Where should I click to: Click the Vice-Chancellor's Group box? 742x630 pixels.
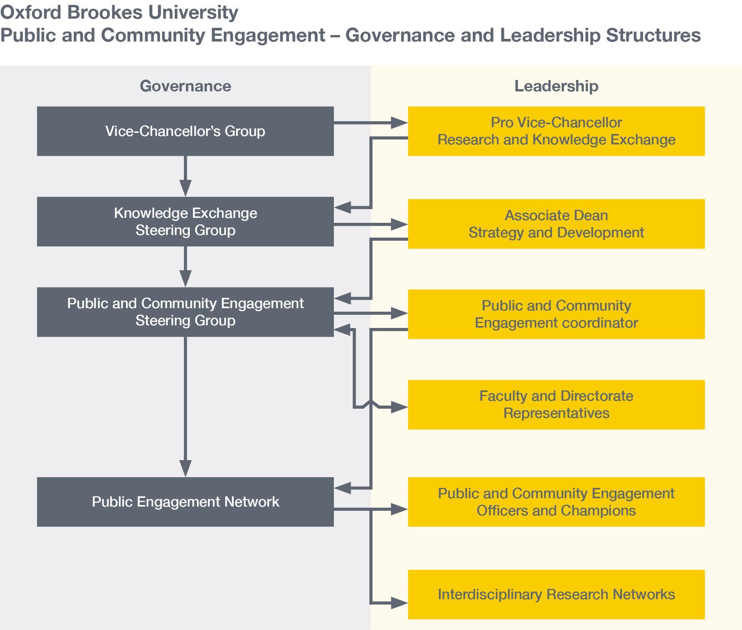point(185,131)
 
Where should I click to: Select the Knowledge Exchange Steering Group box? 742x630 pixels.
point(185,221)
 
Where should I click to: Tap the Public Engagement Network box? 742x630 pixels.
point(185,502)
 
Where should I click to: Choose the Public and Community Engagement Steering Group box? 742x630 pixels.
point(185,312)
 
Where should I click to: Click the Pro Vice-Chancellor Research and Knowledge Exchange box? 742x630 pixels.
point(556,131)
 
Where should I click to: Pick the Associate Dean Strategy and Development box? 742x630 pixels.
point(556,224)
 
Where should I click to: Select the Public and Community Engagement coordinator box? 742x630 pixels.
point(556,314)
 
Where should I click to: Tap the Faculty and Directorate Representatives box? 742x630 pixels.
point(556,405)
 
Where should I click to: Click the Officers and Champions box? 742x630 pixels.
point(556,502)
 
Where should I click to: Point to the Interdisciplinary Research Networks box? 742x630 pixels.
point(556,594)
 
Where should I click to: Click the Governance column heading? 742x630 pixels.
point(185,86)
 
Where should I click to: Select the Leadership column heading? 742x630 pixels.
point(556,86)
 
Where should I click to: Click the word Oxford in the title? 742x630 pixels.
point(31,12)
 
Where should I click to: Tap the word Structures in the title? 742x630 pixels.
point(653,35)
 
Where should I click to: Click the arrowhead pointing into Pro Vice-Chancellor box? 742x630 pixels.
point(399,123)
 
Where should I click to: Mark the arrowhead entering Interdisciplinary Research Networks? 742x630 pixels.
point(399,603)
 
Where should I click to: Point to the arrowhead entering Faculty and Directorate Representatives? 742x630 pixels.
point(399,407)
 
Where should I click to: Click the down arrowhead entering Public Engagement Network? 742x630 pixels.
point(185,468)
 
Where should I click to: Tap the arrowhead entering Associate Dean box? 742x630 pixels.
point(399,224)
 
